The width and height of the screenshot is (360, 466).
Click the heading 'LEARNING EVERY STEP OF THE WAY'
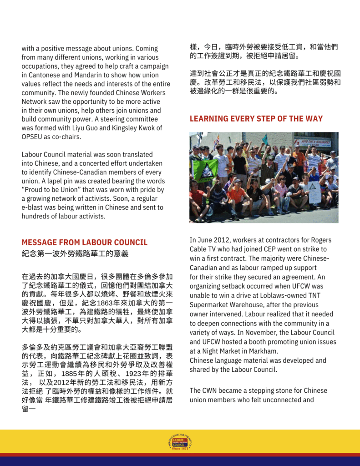pyautogui.click(x=256, y=119)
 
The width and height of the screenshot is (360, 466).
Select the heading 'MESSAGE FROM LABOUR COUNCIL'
pyautogui.click(x=85, y=243)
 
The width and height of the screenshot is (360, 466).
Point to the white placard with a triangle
pyautogui.click(x=314, y=192)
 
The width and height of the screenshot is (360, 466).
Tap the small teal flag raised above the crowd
pyautogui.click(x=265, y=139)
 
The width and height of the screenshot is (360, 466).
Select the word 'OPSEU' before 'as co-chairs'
pyautogui.click(x=33, y=137)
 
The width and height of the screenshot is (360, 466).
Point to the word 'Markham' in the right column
pyautogui.click(x=264, y=351)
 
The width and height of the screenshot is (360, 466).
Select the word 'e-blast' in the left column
pyautogui.click(x=33, y=208)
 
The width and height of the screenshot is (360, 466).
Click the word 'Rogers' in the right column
pyautogui.click(x=320, y=240)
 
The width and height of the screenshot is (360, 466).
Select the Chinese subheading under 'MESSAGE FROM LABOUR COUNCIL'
pyautogui.click(x=75, y=253)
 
